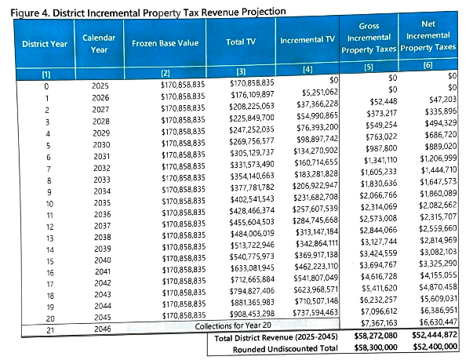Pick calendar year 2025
click(92, 84)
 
